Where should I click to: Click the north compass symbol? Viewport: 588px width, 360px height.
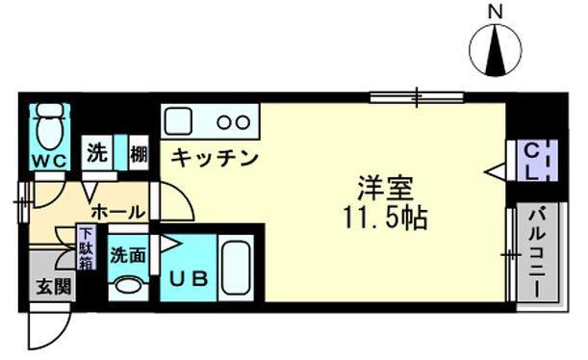pyautogui.click(x=496, y=48)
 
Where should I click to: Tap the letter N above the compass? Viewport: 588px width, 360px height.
pyautogui.click(x=496, y=12)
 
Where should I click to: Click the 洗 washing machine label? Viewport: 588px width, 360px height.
pyautogui.click(x=97, y=151)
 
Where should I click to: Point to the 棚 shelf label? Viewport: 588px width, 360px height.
pyautogui.click(x=139, y=152)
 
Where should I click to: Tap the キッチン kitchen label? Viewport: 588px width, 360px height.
pyautogui.click(x=216, y=157)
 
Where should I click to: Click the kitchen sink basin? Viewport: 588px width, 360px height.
pyautogui.click(x=180, y=122)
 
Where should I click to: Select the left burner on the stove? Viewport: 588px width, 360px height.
pyautogui.click(x=223, y=122)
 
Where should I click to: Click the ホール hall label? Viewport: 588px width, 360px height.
pyautogui.click(x=117, y=211)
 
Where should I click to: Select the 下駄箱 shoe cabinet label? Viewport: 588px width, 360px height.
pyautogui.click(x=87, y=246)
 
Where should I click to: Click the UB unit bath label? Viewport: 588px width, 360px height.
pyautogui.click(x=189, y=279)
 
